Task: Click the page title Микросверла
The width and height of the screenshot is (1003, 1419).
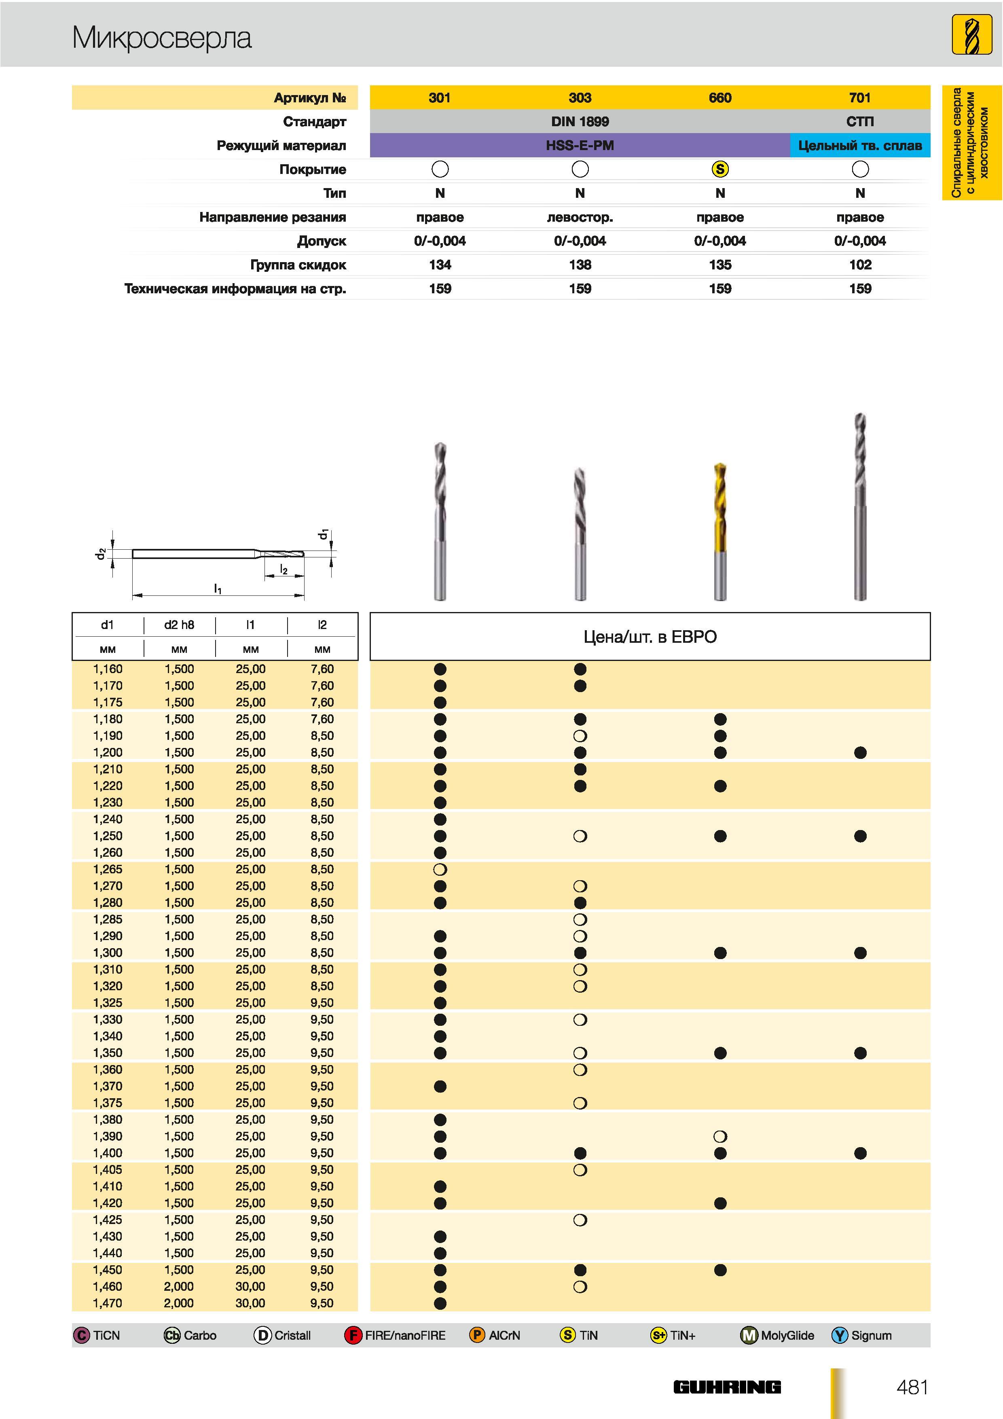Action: [162, 38]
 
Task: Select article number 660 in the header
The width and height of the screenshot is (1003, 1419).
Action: [720, 97]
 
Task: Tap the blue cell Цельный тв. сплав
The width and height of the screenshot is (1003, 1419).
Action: [859, 145]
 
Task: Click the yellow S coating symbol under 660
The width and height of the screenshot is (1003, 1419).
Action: [720, 169]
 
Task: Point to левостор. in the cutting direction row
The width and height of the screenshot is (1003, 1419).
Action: [580, 217]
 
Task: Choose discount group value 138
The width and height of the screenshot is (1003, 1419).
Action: [580, 265]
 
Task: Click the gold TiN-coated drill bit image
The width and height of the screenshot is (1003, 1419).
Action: [720, 531]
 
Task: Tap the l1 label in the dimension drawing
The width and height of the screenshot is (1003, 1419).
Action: [218, 589]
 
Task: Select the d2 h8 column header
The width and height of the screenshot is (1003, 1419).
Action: [179, 625]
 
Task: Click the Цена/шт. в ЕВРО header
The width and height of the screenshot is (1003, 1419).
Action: [650, 637]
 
